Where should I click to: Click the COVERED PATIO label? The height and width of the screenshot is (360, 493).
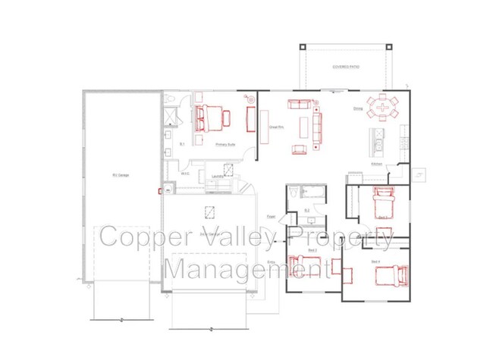[x=345, y=67]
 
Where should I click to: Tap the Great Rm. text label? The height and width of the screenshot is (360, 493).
[x=276, y=128]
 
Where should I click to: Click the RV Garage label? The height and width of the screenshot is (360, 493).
[x=121, y=175]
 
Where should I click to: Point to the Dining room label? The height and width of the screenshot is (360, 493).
[x=357, y=109]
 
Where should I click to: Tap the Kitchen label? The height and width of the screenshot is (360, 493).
[x=376, y=164]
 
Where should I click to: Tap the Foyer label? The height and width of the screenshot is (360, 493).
[x=270, y=218]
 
